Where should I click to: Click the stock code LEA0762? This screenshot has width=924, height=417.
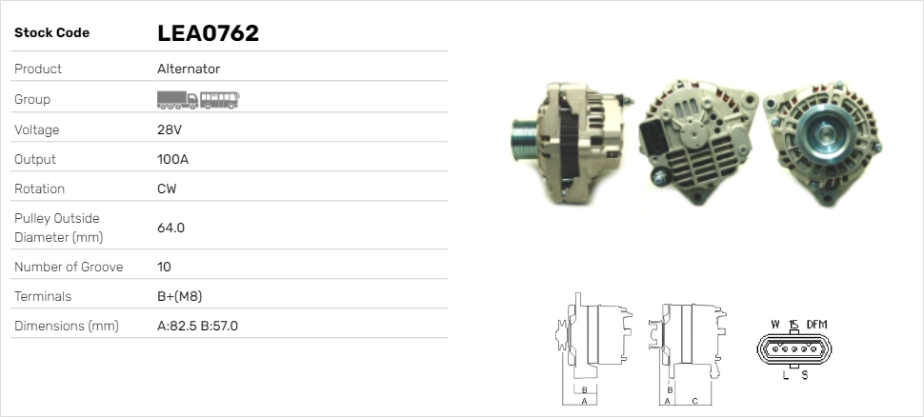[208, 33]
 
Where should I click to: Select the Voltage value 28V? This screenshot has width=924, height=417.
[170, 129]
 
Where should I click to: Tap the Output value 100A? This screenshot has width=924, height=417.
[172, 159]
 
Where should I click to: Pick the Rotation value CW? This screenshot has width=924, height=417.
[167, 189]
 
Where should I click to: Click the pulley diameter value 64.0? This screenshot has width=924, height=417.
[171, 228]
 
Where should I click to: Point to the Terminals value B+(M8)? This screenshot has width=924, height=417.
[180, 296]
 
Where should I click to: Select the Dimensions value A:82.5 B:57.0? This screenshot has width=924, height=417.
[197, 326]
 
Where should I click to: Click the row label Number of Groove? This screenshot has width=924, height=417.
[69, 267]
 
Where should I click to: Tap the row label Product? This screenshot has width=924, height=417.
[38, 69]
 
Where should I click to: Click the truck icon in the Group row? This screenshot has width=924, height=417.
[177, 100]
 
